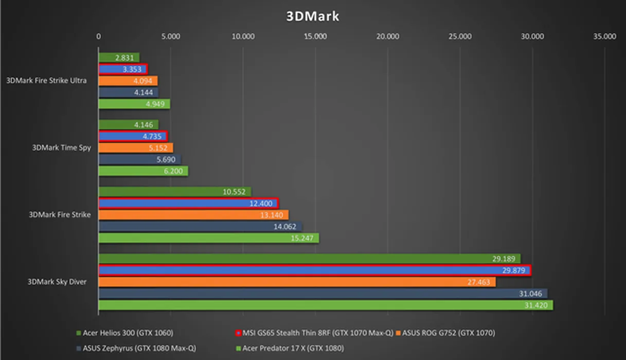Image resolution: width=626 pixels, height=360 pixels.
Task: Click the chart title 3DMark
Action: [x=313, y=16]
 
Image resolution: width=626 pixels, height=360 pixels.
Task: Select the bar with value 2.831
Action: [x=119, y=58]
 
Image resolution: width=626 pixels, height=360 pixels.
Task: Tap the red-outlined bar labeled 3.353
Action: [x=122, y=69]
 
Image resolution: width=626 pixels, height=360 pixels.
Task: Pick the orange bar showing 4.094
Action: [x=128, y=81]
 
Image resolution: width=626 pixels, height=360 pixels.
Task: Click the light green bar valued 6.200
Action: [x=143, y=171]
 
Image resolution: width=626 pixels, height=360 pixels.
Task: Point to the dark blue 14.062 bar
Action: [x=200, y=226]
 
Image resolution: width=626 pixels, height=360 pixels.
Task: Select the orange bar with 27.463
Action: [x=297, y=282]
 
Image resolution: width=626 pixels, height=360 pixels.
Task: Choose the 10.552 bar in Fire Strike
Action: [x=174, y=192]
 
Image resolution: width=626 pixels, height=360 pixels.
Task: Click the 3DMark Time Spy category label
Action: [x=61, y=148]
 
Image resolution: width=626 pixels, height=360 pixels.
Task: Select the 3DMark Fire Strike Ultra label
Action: [x=47, y=81]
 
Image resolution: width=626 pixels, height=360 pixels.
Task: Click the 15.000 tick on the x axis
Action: [x=315, y=37]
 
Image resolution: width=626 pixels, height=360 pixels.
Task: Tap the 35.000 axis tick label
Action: [x=604, y=37]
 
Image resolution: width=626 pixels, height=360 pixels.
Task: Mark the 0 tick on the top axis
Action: [x=99, y=37]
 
